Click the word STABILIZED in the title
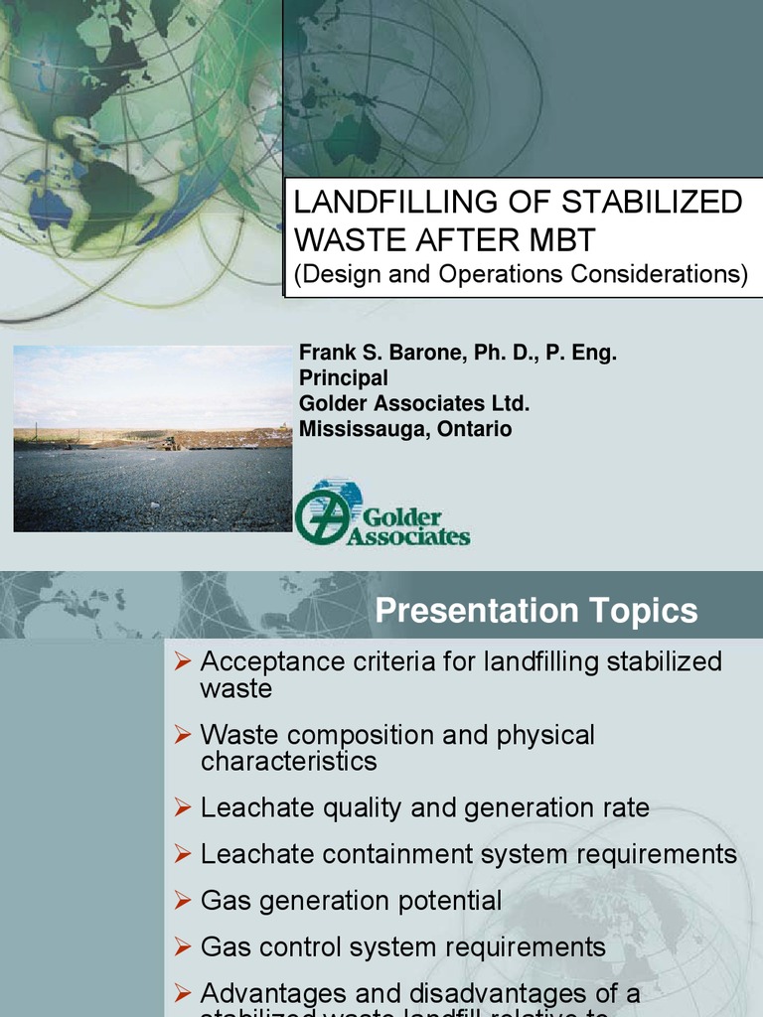pyautogui.click(x=653, y=202)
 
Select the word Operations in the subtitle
pyautogui.click(x=491, y=274)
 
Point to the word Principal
pyautogui.click(x=344, y=378)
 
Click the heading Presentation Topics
pyautogui.click(x=536, y=611)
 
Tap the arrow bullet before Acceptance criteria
pyautogui.click(x=181, y=661)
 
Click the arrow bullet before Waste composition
pyautogui.click(x=181, y=735)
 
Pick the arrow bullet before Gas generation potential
pyautogui.click(x=181, y=901)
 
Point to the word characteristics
pyautogui.click(x=289, y=762)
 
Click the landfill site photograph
pyautogui.click(x=152, y=438)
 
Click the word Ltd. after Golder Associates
pyautogui.click(x=511, y=404)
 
